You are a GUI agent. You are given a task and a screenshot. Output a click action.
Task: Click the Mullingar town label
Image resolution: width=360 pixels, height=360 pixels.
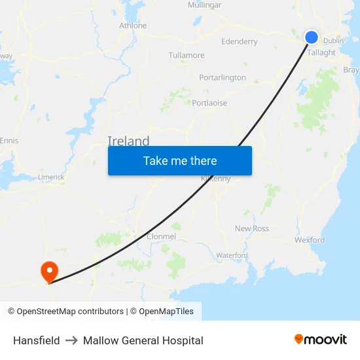tap(204, 5)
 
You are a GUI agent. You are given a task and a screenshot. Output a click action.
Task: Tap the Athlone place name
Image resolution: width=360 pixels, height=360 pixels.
tap(133, 26)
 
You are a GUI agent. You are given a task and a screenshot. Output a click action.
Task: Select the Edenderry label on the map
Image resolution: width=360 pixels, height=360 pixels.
tap(240, 42)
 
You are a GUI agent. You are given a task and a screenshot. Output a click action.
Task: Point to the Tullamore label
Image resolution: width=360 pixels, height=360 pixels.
tap(187, 56)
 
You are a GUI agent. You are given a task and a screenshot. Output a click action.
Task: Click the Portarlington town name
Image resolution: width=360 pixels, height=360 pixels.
tap(223, 77)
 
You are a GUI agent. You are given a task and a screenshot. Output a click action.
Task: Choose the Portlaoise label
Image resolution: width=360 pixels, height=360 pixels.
tap(209, 103)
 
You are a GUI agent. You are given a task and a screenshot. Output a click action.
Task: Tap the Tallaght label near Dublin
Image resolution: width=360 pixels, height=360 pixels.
tap(321, 53)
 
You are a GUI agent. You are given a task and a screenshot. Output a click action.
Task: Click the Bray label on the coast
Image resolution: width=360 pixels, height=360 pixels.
tap(351, 70)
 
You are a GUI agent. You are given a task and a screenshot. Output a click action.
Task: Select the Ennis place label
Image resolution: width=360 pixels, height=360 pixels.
tap(9, 141)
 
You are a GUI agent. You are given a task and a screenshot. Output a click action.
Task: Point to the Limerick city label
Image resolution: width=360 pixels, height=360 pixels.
tap(50, 177)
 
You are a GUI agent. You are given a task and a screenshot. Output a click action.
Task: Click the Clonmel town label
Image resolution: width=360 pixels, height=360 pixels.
tap(161, 236)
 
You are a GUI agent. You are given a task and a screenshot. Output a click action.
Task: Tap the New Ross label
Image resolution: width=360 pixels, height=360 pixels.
tap(252, 228)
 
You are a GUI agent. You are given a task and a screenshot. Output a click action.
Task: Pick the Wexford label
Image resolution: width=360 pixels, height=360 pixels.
tap(310, 240)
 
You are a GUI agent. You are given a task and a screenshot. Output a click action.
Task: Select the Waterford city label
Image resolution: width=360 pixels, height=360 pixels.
tap(232, 255)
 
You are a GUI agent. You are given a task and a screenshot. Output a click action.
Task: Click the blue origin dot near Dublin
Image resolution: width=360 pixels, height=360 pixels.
tap(312, 37)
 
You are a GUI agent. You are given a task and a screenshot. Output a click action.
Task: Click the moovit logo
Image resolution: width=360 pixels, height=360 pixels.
tap(321, 340)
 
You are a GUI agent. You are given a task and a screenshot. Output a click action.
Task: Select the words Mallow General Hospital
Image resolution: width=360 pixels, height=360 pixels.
tap(143, 340)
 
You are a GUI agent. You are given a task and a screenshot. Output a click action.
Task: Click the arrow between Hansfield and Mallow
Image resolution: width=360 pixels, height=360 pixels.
tap(71, 340)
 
